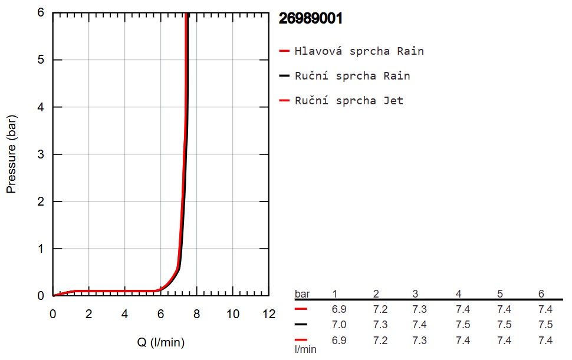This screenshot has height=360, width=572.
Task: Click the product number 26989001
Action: [310, 18]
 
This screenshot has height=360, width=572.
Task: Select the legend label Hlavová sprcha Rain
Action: [359, 51]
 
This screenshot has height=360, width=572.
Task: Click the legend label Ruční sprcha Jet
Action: [349, 100]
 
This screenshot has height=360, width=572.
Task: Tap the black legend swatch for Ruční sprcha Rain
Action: [284, 76]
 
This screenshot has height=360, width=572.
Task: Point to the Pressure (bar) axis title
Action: [11, 154]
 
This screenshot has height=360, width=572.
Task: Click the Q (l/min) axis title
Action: [161, 342]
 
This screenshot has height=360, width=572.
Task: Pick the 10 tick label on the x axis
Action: [233, 313]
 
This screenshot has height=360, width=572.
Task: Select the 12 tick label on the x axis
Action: [269, 313]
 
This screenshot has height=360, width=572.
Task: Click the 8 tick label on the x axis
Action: [196, 313]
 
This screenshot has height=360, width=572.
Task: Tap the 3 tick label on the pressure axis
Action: [41, 154]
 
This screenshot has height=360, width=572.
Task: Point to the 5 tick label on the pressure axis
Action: [41, 60]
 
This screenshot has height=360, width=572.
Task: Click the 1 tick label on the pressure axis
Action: [41, 249]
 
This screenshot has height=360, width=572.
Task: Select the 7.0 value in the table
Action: [339, 324]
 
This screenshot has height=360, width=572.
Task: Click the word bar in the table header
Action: [303, 293]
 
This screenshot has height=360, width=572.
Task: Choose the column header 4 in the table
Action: [459, 293]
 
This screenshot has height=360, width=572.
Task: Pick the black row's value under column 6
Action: [545, 324]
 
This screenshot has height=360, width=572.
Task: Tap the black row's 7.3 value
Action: [380, 324]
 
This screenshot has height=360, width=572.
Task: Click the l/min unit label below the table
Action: [305, 349]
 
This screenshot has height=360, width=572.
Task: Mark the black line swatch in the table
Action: [301, 324]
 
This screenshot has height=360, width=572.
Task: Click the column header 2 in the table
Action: [376, 293]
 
